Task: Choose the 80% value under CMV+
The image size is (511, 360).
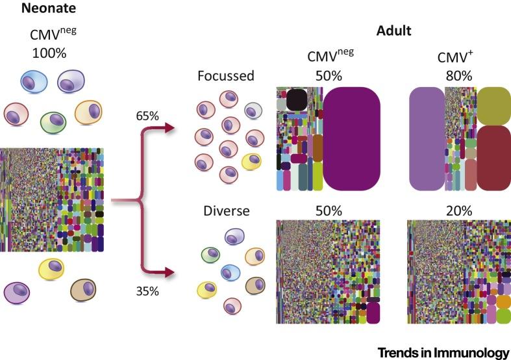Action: tap(449, 76)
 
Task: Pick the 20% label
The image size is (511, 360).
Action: tap(449, 211)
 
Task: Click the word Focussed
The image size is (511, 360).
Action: tap(226, 76)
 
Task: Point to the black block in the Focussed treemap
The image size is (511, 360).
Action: tap(296, 99)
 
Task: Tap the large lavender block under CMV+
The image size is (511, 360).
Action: tap(426, 139)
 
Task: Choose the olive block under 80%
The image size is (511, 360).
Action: tap(493, 105)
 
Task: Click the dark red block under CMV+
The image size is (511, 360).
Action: tap(493, 157)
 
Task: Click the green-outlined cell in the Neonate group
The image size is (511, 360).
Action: tap(54, 120)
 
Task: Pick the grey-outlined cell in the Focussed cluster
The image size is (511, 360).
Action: tap(253, 110)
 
